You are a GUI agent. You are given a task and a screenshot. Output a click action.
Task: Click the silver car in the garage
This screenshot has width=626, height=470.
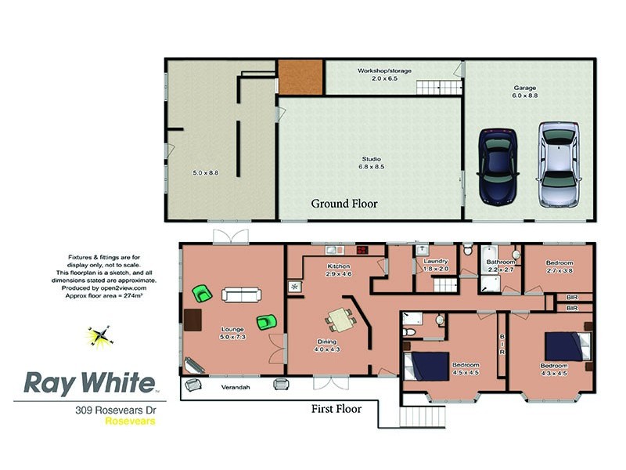pos(558,164)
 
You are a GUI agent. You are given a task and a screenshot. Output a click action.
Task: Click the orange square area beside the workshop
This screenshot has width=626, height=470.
pos(300,77)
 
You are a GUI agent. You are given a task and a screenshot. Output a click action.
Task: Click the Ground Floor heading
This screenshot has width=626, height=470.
pos(344,204)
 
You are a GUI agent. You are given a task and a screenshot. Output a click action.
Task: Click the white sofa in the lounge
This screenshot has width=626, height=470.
pos(242,295)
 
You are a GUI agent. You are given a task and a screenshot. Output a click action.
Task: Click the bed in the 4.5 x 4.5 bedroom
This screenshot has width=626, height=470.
pos(426,366)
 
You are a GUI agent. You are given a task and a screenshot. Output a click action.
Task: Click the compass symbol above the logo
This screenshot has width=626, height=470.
pos(99,337)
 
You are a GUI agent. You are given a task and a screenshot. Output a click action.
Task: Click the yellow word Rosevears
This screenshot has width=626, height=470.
pos(130,421)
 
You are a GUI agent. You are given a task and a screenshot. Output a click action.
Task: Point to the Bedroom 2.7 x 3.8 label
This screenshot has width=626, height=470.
pos(559,266)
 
